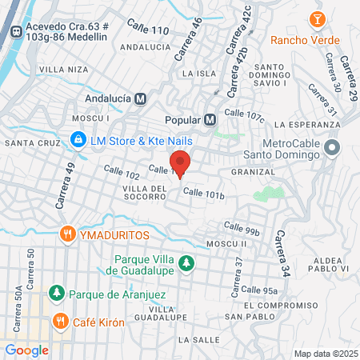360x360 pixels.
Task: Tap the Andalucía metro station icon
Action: pos(141,99)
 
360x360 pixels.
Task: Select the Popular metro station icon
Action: pos(210,120)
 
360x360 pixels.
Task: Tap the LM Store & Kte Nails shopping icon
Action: pos(78,141)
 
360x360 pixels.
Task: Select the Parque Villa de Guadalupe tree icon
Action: pos(186,263)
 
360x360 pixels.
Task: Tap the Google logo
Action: pos(26,350)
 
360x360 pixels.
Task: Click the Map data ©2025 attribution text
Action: pos(325,354)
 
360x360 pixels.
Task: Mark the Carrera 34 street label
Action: pos(281,251)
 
